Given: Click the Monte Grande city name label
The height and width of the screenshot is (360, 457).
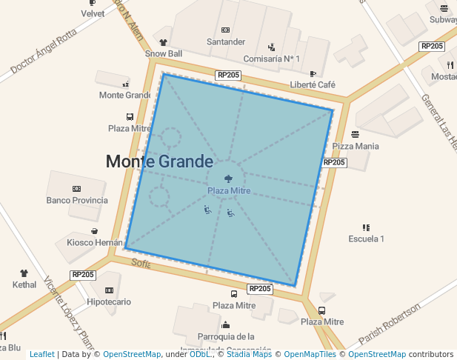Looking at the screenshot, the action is click(159, 161).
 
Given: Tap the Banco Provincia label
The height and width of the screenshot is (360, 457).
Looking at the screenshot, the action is click(77, 200).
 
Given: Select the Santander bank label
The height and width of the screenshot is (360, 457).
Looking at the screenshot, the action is click(225, 41).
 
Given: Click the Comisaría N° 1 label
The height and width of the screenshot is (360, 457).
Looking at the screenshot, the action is click(272, 59).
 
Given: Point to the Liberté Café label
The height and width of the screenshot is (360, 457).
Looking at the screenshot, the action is click(313, 84).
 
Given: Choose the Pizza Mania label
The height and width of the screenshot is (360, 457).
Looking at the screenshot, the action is click(356, 146).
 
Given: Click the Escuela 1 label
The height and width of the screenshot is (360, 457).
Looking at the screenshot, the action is click(366, 239).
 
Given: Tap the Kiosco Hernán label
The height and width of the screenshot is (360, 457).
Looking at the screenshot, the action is click(95, 242).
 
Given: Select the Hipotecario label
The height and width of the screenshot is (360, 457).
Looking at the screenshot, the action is click(109, 301).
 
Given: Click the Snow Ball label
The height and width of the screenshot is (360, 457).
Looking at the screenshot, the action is click(164, 53).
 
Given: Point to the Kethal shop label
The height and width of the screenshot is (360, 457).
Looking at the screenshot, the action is click(24, 284).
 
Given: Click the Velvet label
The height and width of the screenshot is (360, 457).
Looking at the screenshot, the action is click(93, 13).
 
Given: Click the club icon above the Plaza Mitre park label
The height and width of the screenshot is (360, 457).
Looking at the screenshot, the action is click(230, 178).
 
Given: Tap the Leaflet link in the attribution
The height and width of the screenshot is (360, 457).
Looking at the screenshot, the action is click(41, 355).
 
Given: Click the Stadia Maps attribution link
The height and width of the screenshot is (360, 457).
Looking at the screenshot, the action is click(249, 355).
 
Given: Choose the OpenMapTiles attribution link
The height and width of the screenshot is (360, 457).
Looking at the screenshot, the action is click(312, 355).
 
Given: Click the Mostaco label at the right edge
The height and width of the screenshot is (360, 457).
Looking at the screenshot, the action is click(444, 76).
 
